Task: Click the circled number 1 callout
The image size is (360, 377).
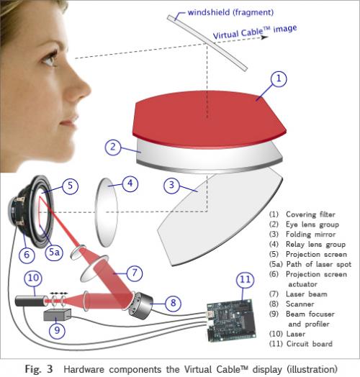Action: click(x=279, y=78)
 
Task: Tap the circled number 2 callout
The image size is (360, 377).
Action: click(x=112, y=147)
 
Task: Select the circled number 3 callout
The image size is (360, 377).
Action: click(x=171, y=185)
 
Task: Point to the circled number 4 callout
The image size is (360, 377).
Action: click(x=130, y=183)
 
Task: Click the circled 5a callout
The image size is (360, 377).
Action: click(x=55, y=253)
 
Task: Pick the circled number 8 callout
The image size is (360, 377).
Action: click(x=173, y=303)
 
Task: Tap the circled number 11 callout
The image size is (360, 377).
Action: click(x=246, y=280)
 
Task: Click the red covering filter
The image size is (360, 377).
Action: click(x=209, y=119)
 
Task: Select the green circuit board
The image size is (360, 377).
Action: click(x=231, y=320)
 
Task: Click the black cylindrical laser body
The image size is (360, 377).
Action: click(x=31, y=301)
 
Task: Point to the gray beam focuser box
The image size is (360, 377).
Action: click(x=58, y=314)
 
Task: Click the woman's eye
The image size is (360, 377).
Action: click(x=50, y=60)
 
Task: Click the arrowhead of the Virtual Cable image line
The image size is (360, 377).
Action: click(x=265, y=37)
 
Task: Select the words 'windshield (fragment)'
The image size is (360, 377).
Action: click(x=230, y=12)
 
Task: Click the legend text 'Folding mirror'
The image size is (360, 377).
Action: click(x=310, y=234)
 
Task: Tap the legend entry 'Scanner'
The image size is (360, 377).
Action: click(x=300, y=304)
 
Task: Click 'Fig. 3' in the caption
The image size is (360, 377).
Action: click(x=39, y=369)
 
